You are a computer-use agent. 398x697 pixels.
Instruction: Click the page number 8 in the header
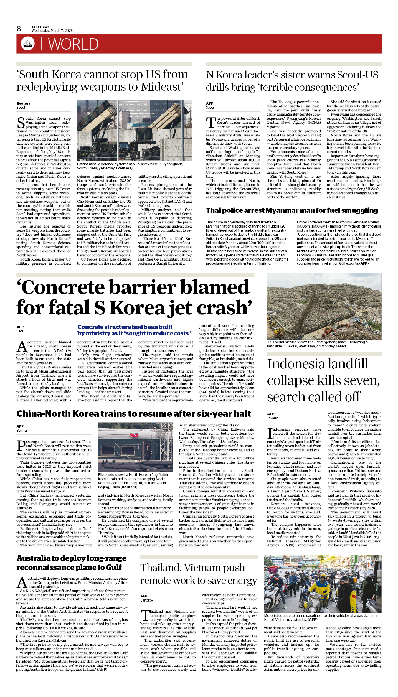pos(19,29)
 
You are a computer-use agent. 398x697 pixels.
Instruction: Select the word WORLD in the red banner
pos(73,44)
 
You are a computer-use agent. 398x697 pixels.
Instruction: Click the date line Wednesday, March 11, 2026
pos(52,31)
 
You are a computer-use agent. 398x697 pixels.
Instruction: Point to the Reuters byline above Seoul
pos(23,103)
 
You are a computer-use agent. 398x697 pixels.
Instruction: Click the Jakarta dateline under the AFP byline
pos(273,418)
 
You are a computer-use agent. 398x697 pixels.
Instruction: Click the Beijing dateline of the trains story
pos(22,431)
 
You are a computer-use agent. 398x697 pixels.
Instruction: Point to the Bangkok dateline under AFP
pos(147,600)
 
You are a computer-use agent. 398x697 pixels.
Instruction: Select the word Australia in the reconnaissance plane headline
pos(34,558)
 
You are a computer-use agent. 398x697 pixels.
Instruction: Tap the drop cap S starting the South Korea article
pos(21,123)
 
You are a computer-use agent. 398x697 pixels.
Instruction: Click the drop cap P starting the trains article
pos(21,446)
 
